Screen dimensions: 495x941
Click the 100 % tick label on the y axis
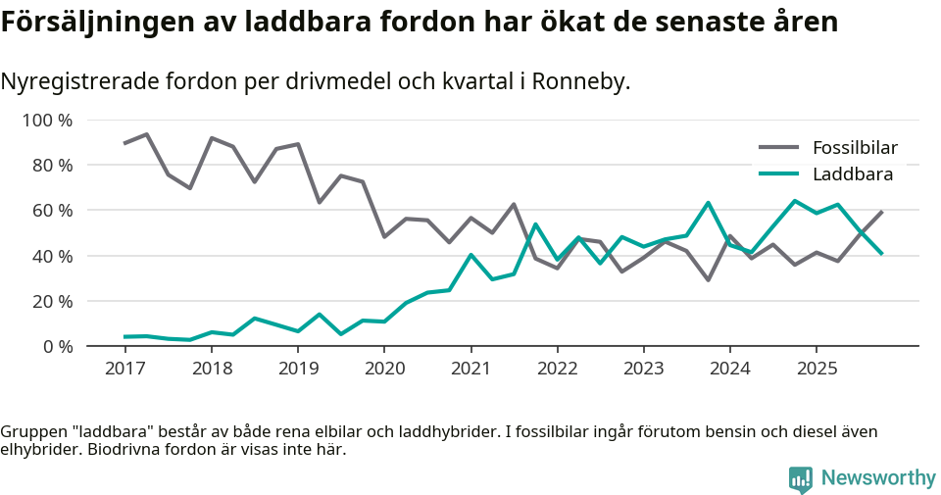(47, 121)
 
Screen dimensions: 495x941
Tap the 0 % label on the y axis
(56, 346)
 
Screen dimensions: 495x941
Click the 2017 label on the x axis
(124, 369)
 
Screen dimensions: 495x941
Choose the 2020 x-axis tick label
(384, 369)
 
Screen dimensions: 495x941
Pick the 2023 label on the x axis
(644, 369)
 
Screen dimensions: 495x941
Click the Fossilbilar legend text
(855, 148)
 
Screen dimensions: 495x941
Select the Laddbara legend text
(852, 174)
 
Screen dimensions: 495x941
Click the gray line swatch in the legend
(779, 148)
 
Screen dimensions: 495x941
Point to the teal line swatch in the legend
(779, 174)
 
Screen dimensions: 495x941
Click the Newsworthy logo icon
(800, 478)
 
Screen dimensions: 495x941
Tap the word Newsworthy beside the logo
(878, 478)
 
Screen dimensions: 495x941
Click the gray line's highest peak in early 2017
(146, 134)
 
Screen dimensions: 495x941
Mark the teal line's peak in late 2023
(708, 203)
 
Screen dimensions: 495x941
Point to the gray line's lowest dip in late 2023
(708, 280)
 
